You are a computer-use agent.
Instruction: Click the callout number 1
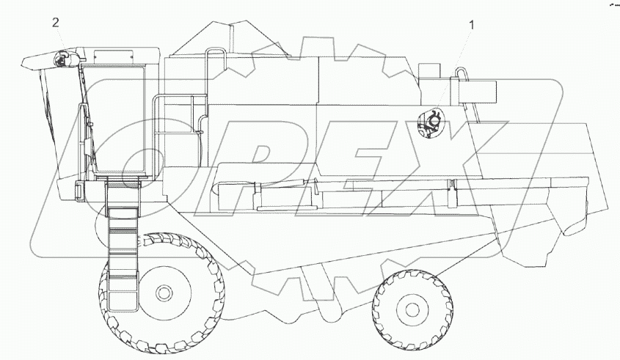[472, 25]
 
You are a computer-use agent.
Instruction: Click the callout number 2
[55, 23]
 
